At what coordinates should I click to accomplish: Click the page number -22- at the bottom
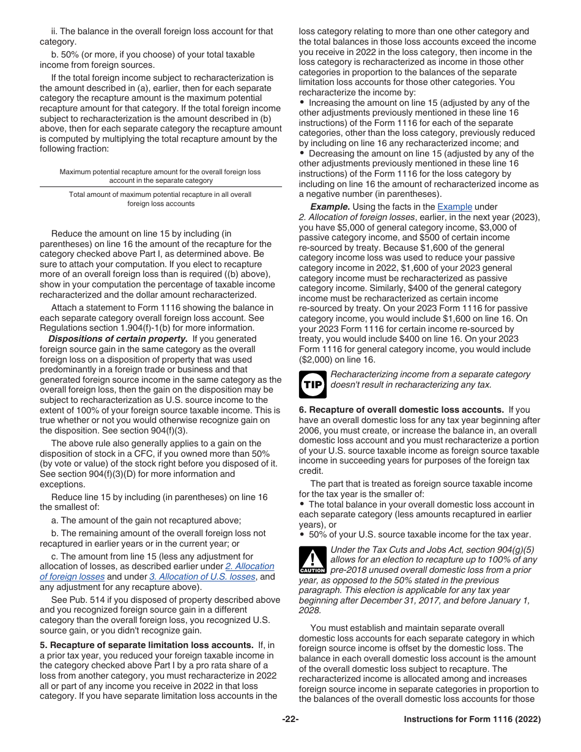pyautogui.click(x=290, y=720)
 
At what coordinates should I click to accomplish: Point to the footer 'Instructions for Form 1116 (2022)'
pyautogui.click(x=472, y=720)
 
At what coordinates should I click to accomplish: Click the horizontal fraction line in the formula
pyautogui.click(x=160, y=186)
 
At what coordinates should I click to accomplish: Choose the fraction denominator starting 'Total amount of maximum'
pyautogui.click(x=160, y=199)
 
